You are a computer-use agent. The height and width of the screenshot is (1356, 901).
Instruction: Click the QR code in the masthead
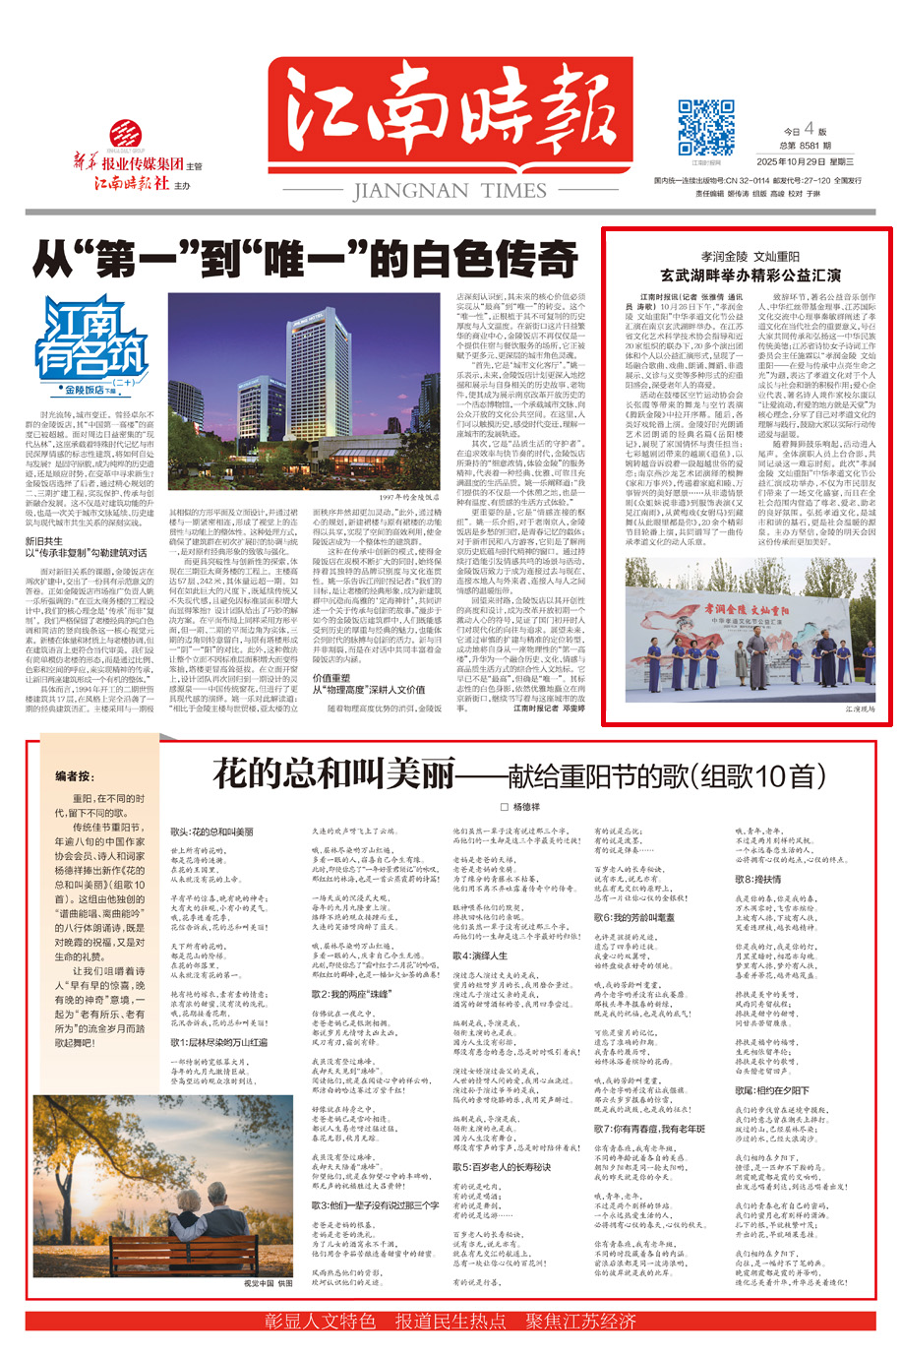[x=705, y=127]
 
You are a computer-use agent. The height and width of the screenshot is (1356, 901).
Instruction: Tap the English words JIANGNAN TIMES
[x=450, y=191]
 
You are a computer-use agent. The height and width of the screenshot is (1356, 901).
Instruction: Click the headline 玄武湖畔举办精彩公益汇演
[x=751, y=275]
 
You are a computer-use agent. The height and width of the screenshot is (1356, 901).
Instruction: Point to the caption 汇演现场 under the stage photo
[x=859, y=709]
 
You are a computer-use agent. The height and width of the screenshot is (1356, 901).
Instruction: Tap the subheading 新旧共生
[x=44, y=540]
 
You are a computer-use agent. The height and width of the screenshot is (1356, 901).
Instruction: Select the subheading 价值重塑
[x=331, y=678]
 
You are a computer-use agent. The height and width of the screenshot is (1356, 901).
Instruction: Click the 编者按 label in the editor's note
[x=75, y=776]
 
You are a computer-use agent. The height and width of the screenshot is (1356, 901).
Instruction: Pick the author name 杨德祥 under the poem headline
[x=526, y=807]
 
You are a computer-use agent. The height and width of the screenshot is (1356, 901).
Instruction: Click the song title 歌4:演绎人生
[x=480, y=955]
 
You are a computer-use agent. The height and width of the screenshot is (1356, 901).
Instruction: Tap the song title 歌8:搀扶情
[x=757, y=879]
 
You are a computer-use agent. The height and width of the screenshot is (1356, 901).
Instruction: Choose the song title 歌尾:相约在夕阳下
[x=772, y=1090]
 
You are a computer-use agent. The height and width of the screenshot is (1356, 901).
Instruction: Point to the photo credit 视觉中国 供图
[x=269, y=1283]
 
